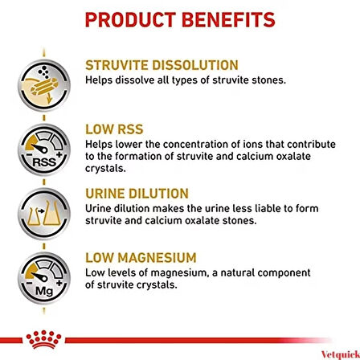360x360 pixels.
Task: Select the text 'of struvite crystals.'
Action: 133,262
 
